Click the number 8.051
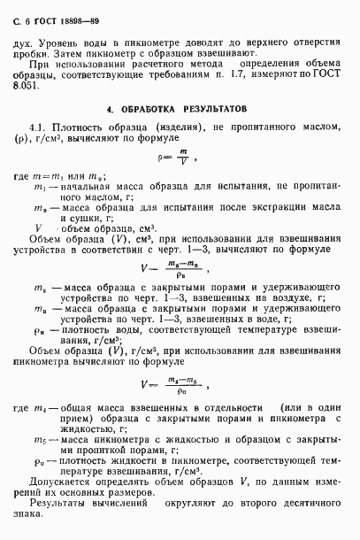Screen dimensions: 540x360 [40, 87]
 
